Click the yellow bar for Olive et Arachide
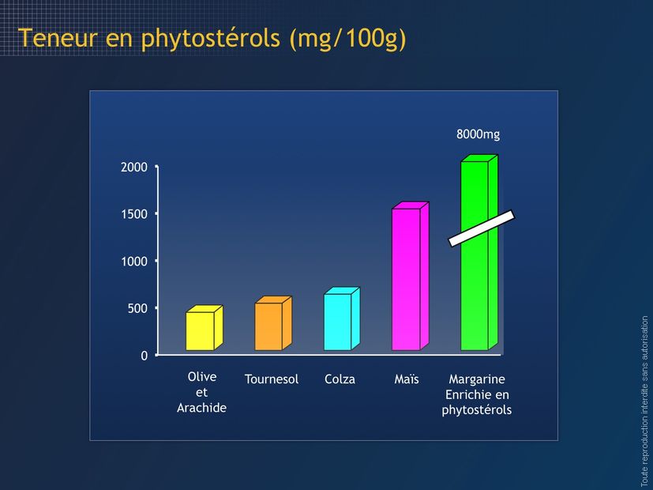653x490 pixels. [x=204, y=328]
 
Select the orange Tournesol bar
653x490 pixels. [x=273, y=323]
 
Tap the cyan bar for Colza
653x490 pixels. [x=342, y=318]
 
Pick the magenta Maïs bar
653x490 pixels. [x=411, y=277]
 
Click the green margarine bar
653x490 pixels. [x=479, y=252]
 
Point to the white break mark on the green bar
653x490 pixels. [x=482, y=228]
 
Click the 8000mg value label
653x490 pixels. [x=478, y=134]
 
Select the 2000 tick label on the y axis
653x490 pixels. [x=134, y=167]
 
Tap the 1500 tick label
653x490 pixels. [x=134, y=214]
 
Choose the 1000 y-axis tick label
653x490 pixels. [x=134, y=262]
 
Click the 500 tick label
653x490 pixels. [x=137, y=308]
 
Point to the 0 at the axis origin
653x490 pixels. [x=144, y=356]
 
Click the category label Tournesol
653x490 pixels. [x=272, y=379]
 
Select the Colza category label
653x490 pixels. [x=340, y=379]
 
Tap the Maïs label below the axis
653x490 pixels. [x=407, y=379]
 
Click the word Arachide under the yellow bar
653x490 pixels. [x=201, y=408]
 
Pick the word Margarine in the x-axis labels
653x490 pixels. [x=477, y=379]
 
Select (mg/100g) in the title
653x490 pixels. [x=347, y=39]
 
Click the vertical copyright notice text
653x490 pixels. [x=644, y=401]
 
